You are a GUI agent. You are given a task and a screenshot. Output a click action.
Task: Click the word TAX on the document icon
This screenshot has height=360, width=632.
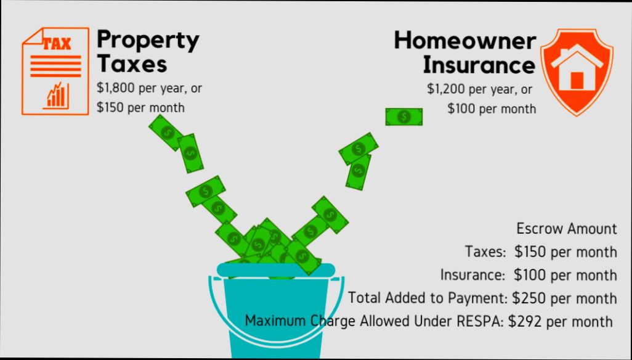(x=57, y=44)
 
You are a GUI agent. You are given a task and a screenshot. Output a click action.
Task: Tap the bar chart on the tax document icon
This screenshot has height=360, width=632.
(x=55, y=95)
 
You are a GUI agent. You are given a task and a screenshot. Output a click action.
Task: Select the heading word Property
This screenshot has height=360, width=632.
(x=148, y=41)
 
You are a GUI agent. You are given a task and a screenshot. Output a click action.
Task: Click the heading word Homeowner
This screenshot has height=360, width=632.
(x=465, y=41)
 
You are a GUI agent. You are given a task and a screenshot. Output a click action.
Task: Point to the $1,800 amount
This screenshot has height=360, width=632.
(x=116, y=88)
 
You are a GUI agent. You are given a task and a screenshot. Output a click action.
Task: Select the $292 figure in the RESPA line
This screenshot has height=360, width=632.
(x=524, y=321)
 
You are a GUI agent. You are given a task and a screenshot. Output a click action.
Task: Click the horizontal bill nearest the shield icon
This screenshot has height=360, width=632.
(x=404, y=117)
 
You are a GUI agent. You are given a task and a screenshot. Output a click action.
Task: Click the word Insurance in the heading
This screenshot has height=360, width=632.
(x=479, y=65)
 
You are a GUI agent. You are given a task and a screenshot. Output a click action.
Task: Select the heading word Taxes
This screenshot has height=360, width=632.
(x=132, y=63)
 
